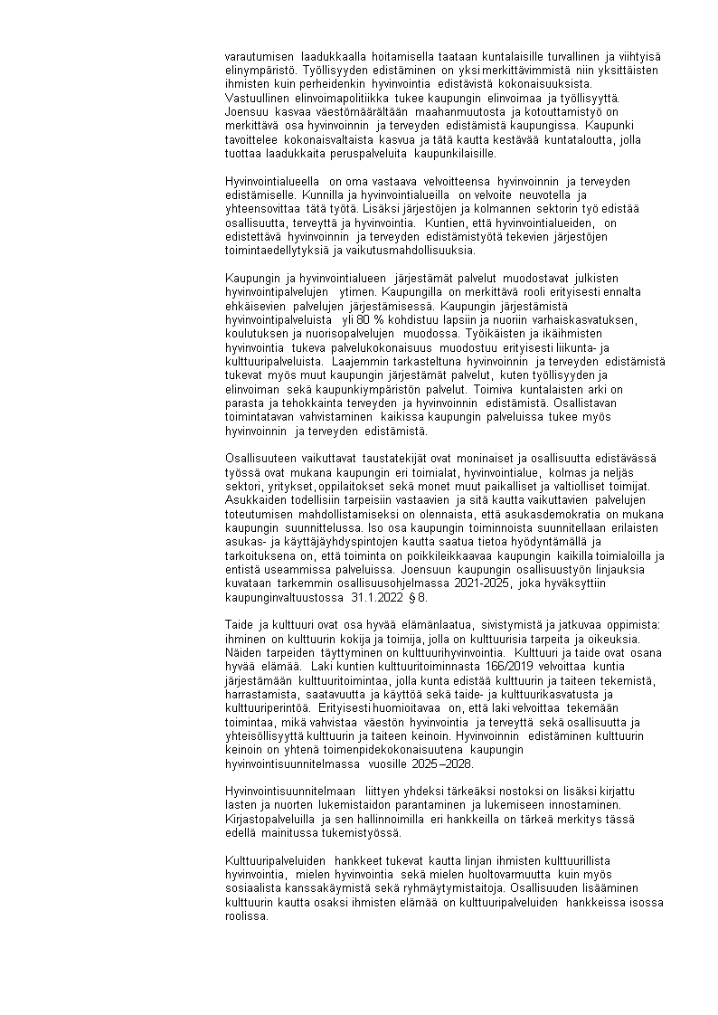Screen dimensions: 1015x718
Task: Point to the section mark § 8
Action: click(419, 598)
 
